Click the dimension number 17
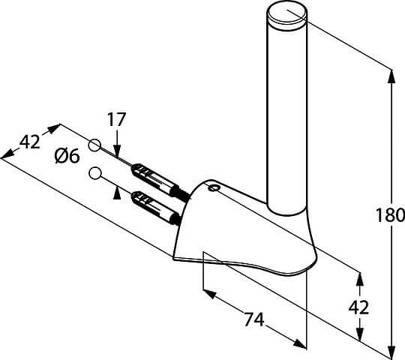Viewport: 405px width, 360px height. (x=116, y=119)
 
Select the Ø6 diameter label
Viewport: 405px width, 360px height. (x=67, y=156)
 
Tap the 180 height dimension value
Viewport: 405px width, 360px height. (x=389, y=214)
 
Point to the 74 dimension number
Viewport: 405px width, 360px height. (x=254, y=319)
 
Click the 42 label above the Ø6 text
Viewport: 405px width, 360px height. (x=30, y=142)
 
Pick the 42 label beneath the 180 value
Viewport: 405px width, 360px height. (x=358, y=307)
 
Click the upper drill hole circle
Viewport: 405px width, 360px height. (x=94, y=145)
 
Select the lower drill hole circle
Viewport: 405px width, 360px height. (x=94, y=173)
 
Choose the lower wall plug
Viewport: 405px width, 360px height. (x=156, y=208)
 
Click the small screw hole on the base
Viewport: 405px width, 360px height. (x=213, y=187)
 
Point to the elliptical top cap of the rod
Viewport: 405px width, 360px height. (x=286, y=15)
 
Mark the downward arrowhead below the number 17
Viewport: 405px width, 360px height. (x=117, y=150)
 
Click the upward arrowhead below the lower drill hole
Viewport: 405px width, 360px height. (x=117, y=193)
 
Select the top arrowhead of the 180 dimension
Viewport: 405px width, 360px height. (x=391, y=76)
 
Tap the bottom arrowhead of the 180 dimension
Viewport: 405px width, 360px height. (x=391, y=352)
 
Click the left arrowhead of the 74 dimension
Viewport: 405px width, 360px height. (x=209, y=294)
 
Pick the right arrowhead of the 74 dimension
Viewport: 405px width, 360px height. (x=300, y=343)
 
